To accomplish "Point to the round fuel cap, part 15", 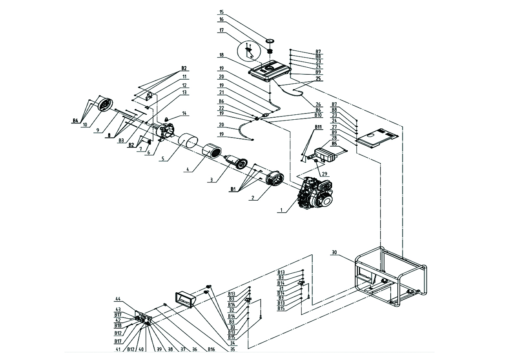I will pos(271,40).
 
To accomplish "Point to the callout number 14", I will pos(184,113).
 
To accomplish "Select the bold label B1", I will pos(234,189).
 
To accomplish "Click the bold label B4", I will pos(75,121).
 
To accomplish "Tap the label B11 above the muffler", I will pos(318,127).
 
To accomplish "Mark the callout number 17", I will pos(221,30).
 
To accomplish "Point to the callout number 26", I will pos(318,104).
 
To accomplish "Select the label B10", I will pos(318,115).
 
